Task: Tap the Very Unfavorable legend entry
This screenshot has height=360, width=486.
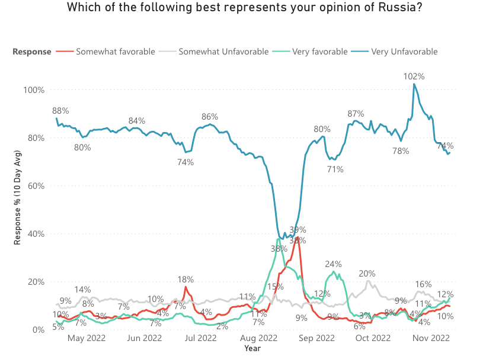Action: pyautogui.click(x=404, y=52)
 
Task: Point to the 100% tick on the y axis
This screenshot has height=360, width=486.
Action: pyautogui.click(x=34, y=90)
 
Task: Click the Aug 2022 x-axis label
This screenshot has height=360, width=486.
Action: pyautogui.click(x=259, y=339)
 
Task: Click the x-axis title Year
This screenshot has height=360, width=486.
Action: pyautogui.click(x=252, y=349)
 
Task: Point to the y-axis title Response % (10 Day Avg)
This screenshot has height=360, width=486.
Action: pyautogui.click(x=18, y=210)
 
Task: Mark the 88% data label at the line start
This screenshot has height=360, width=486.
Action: pyautogui.click(x=60, y=111)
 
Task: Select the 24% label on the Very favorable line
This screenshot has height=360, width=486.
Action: pyautogui.click(x=333, y=264)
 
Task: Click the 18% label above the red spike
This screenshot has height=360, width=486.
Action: pyautogui.click(x=186, y=279)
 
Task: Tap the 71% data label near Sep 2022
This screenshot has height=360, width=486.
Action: pyautogui.click(x=335, y=170)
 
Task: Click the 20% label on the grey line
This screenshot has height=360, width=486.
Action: pyautogui.click(x=367, y=274)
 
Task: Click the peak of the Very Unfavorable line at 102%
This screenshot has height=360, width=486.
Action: pyautogui.click(x=414, y=84)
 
